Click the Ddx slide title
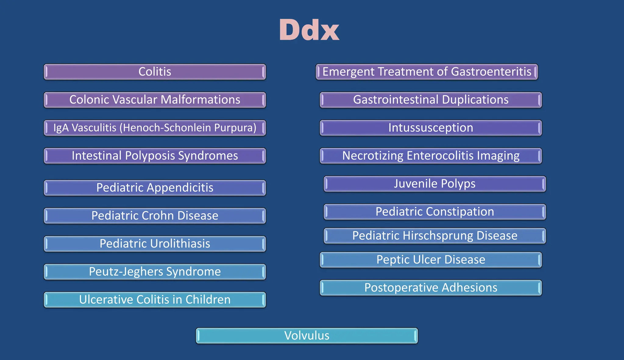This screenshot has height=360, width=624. click(309, 30)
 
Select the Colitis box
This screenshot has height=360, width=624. click(155, 72)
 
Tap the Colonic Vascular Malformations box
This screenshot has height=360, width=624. click(155, 100)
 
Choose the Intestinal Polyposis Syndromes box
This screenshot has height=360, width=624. click(155, 156)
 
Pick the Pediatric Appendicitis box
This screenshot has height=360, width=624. click(155, 188)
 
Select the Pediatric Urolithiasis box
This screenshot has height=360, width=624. click(155, 244)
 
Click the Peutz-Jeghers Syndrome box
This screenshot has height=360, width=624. click(155, 272)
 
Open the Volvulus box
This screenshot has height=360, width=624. click(307, 336)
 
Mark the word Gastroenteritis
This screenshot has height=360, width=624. click(491, 72)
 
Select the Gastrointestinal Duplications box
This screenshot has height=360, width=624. click(431, 100)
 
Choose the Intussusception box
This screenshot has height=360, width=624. click(431, 128)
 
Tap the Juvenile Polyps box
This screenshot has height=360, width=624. click(435, 184)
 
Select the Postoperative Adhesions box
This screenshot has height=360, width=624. click(431, 288)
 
